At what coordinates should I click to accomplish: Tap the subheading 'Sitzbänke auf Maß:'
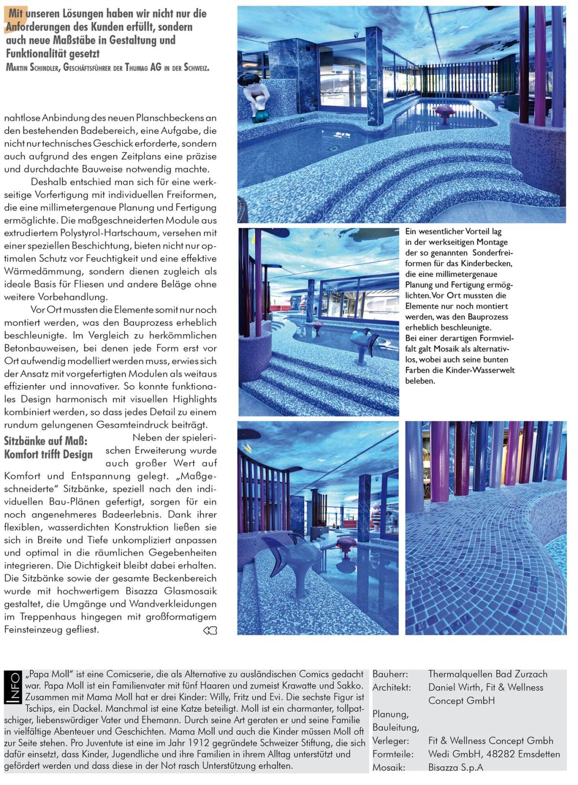point(46,441)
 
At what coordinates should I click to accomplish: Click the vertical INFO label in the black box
point(14,687)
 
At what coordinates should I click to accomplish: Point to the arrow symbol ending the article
point(210,631)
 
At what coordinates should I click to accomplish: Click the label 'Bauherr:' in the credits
point(390,675)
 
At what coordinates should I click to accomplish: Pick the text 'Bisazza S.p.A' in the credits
point(455,767)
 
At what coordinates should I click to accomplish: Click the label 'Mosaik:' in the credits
point(388,767)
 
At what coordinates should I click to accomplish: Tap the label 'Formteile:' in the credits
point(393,754)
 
